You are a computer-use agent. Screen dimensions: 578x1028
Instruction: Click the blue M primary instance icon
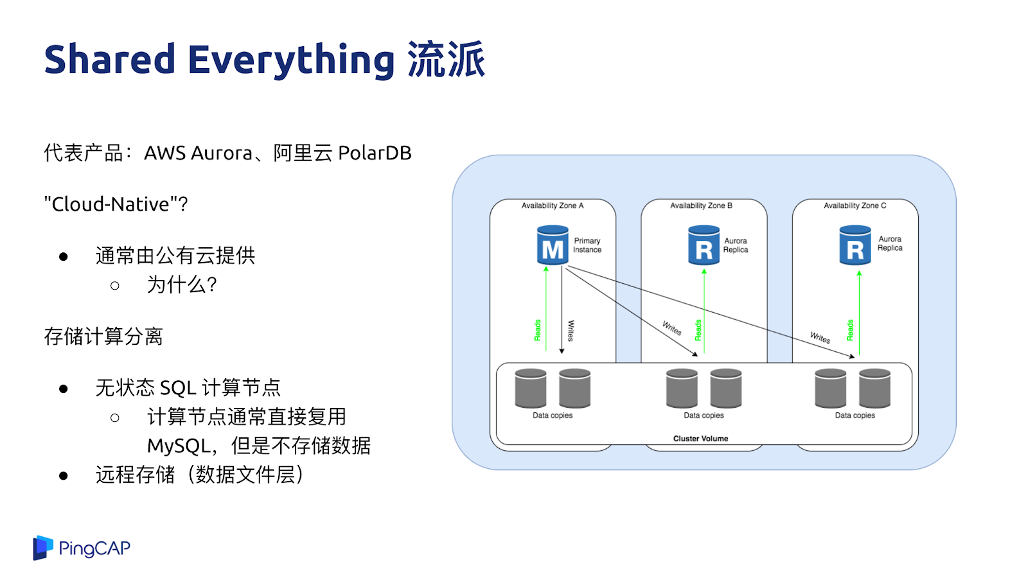[553, 245]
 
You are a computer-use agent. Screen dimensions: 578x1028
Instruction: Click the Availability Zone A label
[553, 206]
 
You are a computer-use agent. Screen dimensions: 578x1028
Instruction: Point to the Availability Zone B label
[701, 206]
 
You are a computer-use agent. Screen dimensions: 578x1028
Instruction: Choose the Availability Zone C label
[855, 206]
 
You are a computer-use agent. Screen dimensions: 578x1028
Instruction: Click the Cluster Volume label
[700, 439]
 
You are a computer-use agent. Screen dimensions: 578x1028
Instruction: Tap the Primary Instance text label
[587, 245]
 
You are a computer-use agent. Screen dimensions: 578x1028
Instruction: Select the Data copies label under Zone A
[552, 416]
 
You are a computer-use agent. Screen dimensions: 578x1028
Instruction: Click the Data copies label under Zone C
[855, 416]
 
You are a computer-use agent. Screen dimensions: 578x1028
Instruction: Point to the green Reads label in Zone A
[538, 330]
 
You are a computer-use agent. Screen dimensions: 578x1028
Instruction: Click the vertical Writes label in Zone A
[571, 330]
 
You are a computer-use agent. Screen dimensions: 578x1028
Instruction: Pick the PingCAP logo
[82, 548]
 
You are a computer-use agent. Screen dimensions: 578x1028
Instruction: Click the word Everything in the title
[291, 60]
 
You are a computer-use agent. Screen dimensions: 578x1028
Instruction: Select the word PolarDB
[375, 153]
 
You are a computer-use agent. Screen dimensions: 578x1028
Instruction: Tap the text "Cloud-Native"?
[116, 204]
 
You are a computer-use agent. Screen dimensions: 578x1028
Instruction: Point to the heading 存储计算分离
[103, 336]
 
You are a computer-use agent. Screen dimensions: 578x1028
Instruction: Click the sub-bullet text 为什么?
[182, 285]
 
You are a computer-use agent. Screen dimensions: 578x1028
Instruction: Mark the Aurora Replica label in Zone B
[736, 245]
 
